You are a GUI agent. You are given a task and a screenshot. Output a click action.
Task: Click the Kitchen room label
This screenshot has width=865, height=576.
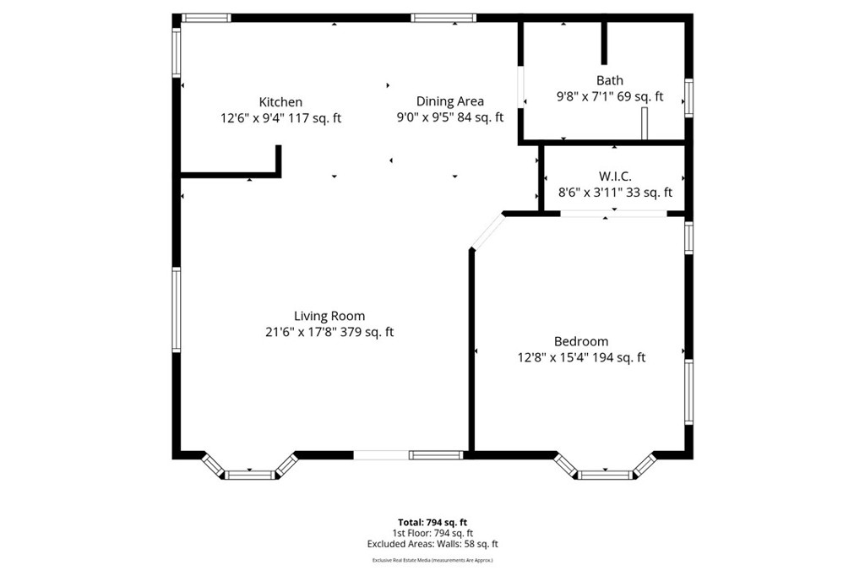point(280,102)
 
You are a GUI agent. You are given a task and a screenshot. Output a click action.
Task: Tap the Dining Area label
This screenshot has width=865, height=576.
point(449,101)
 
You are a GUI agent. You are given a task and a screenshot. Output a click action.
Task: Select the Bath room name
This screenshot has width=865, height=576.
point(609,81)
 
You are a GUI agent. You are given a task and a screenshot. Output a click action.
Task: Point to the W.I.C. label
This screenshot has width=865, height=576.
point(615,177)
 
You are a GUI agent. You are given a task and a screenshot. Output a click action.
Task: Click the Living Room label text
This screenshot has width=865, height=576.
point(329,316)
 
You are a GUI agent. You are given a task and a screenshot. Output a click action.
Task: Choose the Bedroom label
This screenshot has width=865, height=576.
point(580,341)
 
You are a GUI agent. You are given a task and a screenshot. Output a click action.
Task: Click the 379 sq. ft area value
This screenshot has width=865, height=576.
point(367,333)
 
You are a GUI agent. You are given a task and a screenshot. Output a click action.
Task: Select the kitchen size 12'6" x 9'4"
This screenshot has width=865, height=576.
point(252,119)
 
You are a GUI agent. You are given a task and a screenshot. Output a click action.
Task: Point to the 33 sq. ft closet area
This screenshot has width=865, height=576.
point(652,193)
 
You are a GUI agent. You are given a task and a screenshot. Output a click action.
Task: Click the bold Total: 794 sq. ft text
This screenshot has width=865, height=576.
point(432,522)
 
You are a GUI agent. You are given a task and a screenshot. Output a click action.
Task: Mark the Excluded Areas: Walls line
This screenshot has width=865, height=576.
point(432,545)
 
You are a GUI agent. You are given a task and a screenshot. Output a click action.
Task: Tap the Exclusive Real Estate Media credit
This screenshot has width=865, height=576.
point(432,560)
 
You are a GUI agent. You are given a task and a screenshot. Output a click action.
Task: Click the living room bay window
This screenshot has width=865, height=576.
point(250,472)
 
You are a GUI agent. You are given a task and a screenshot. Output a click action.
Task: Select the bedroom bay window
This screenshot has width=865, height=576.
point(605,472)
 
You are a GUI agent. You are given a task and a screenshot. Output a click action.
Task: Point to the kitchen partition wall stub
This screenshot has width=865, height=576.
point(278,160)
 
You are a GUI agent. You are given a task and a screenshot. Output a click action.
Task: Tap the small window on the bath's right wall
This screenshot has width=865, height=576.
point(689,97)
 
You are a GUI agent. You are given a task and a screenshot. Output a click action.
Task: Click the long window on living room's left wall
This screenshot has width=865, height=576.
point(177,309)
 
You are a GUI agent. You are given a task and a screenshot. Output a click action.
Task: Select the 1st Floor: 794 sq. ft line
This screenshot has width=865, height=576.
point(432,534)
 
